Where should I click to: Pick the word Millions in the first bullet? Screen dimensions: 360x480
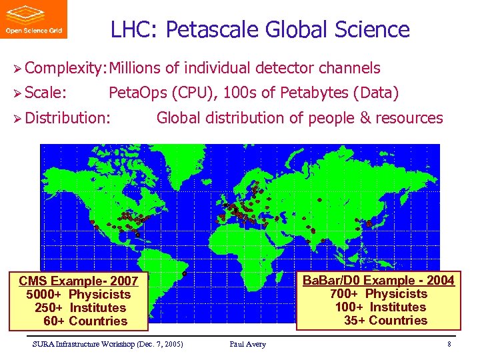[x=135, y=68]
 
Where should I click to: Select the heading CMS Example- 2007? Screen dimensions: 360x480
[x=79, y=281]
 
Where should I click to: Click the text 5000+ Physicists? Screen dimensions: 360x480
[x=79, y=294]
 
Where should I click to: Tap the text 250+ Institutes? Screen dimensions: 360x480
[x=80, y=307]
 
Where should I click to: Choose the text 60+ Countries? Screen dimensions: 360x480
[x=85, y=321]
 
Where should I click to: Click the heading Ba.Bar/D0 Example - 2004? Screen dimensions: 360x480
[x=379, y=280]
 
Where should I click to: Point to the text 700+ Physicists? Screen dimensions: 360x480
[x=379, y=293]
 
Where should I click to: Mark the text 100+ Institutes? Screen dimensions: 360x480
[x=380, y=307]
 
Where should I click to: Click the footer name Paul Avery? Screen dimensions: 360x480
[x=247, y=344]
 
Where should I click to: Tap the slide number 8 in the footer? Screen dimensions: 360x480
[x=449, y=344]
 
